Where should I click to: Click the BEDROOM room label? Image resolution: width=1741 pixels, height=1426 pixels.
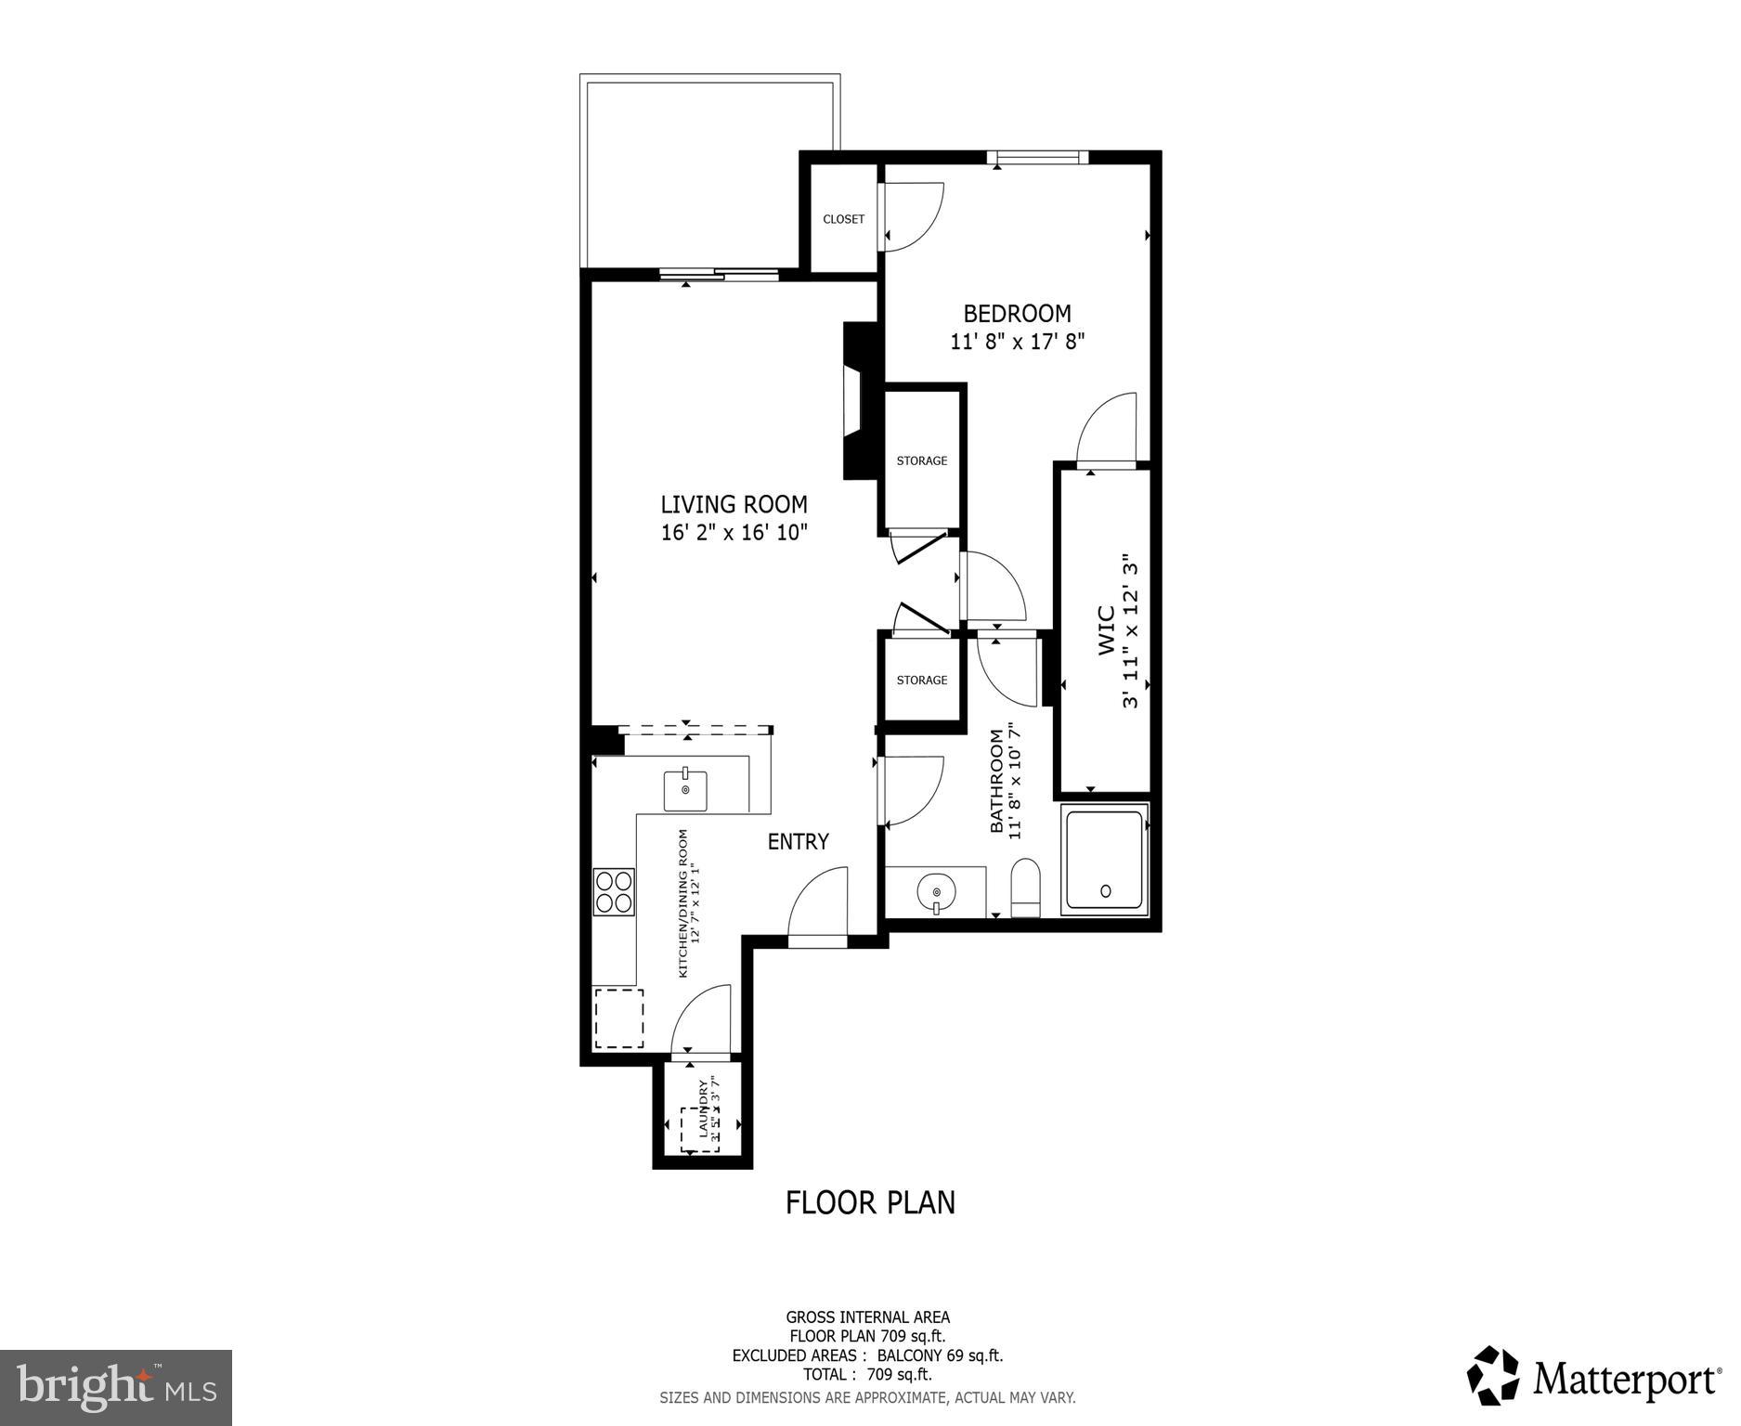click(x=1017, y=314)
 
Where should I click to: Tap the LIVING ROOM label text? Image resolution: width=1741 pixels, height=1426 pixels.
click(x=734, y=505)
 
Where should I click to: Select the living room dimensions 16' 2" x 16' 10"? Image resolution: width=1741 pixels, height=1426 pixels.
click(x=734, y=533)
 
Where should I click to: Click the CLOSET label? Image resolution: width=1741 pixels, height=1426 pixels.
click(x=843, y=220)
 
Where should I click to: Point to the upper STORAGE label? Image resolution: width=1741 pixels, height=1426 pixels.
click(x=921, y=461)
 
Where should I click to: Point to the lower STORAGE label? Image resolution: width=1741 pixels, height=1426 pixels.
click(x=921, y=681)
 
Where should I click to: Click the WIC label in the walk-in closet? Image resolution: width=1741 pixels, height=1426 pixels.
click(x=1107, y=630)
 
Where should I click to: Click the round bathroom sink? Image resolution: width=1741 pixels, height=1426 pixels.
click(x=936, y=893)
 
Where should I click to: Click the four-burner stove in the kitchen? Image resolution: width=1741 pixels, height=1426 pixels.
click(x=614, y=891)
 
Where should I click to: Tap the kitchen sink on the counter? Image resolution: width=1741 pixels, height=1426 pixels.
click(x=685, y=790)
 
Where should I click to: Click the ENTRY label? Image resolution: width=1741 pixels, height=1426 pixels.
click(x=798, y=842)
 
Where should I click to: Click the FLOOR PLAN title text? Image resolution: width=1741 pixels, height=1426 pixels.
click(x=870, y=1202)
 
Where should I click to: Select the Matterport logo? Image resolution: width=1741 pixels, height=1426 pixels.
click(x=1593, y=1379)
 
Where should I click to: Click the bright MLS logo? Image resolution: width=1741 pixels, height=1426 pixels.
click(x=116, y=1388)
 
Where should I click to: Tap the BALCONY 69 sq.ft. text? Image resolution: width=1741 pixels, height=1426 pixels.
click(x=940, y=1355)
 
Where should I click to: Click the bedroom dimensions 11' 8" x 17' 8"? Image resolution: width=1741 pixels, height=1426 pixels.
click(x=1017, y=342)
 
